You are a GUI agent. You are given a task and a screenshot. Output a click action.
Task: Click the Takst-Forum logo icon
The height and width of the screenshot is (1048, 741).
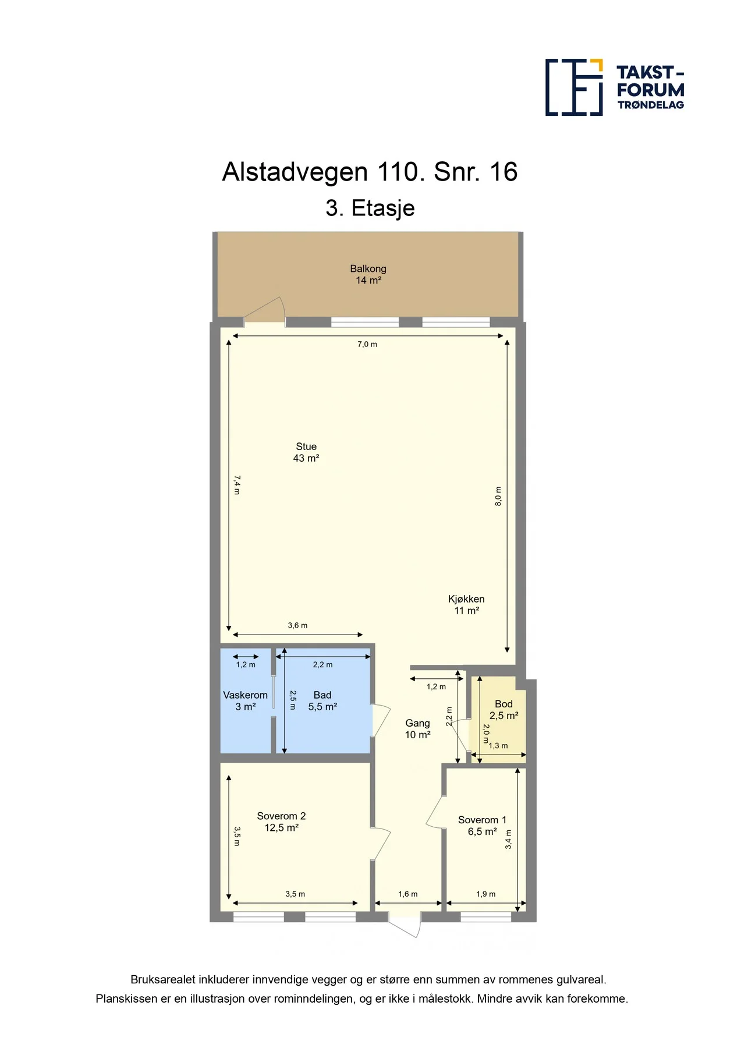(x=574, y=87)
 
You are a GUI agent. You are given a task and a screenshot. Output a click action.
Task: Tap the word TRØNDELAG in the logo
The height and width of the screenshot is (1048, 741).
(x=651, y=105)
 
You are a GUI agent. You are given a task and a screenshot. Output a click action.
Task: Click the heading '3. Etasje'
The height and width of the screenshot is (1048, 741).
(x=370, y=208)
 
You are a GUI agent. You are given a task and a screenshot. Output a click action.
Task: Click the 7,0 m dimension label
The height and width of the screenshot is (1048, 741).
(x=367, y=344)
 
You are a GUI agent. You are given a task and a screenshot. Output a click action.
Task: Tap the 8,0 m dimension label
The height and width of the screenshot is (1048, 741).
(x=498, y=497)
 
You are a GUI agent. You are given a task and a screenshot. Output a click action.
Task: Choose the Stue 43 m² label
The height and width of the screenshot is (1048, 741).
(x=306, y=452)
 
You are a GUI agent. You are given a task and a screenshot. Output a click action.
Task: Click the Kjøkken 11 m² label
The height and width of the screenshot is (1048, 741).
(x=466, y=604)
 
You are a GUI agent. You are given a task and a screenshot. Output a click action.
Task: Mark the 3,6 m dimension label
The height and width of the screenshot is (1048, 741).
(x=297, y=625)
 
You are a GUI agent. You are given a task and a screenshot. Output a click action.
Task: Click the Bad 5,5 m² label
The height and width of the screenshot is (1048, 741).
(x=322, y=700)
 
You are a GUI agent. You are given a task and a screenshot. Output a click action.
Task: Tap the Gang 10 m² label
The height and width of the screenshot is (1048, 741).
(x=417, y=728)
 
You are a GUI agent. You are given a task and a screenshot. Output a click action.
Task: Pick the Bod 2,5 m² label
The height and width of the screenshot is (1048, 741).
(x=504, y=710)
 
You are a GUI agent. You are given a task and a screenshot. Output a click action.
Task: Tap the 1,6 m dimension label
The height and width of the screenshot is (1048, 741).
(x=408, y=894)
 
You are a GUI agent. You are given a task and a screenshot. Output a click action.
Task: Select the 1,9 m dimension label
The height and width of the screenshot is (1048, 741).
(x=486, y=894)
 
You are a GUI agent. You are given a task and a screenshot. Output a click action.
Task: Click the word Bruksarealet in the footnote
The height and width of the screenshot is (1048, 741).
(x=163, y=980)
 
